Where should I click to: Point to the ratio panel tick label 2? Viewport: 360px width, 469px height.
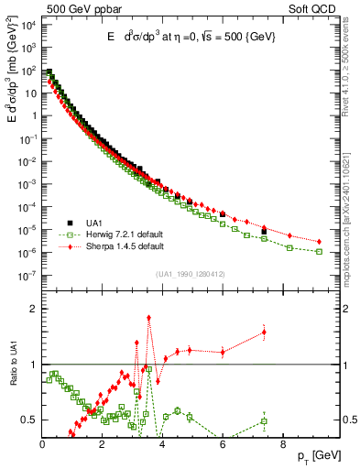click(34, 309)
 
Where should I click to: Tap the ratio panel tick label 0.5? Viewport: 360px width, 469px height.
click(30, 420)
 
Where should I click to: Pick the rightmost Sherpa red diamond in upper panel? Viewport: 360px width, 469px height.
click(319, 242)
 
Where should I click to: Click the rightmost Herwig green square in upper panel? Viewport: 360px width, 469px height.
click(319, 251)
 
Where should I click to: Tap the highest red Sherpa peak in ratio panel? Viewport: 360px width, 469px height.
click(148, 318)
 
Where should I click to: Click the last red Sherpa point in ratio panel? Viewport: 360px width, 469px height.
click(264, 333)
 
